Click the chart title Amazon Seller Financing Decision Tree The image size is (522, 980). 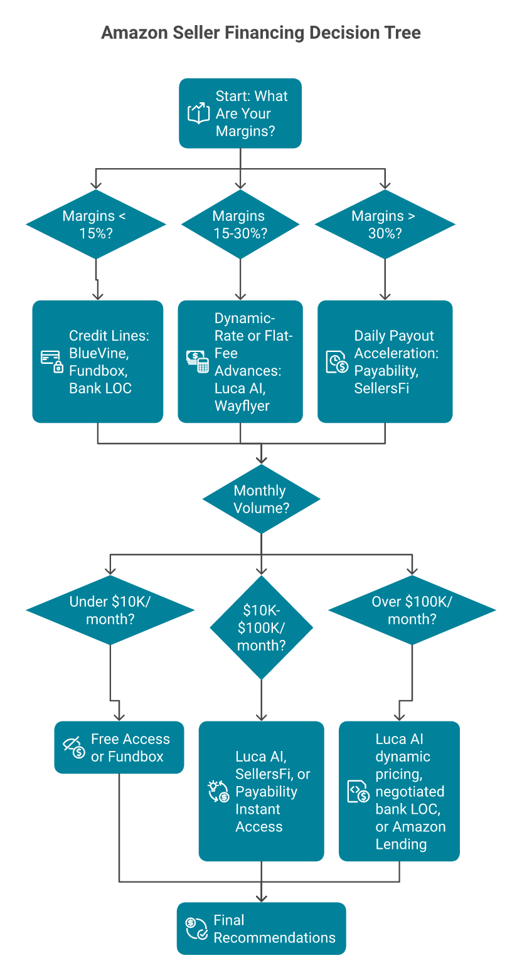tap(260, 33)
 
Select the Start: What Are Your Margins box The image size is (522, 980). tap(240, 114)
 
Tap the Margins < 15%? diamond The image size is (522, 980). tap(96, 224)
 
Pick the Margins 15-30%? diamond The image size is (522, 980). tap(240, 224)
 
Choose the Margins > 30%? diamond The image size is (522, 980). tap(385, 224)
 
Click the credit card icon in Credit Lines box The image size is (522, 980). tap(51, 361)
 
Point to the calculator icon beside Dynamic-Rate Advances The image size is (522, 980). tap(198, 361)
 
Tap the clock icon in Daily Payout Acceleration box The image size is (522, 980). tap(337, 362)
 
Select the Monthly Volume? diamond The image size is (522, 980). tap(261, 499)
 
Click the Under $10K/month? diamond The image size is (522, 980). tap(110, 610)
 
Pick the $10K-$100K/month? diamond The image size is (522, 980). tap(261, 627)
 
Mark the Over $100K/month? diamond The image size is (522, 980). tap(412, 610)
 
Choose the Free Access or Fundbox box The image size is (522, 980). tap(119, 747)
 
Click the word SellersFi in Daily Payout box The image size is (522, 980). tap(381, 388)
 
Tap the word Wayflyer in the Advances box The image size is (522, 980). tap(242, 406)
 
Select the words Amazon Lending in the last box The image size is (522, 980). tap(410, 836)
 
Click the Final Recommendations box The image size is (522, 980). tap(261, 929)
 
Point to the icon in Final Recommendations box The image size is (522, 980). tap(197, 929)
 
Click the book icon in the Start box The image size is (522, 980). tap(198, 114)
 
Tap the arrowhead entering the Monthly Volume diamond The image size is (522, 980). tap(261, 460)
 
